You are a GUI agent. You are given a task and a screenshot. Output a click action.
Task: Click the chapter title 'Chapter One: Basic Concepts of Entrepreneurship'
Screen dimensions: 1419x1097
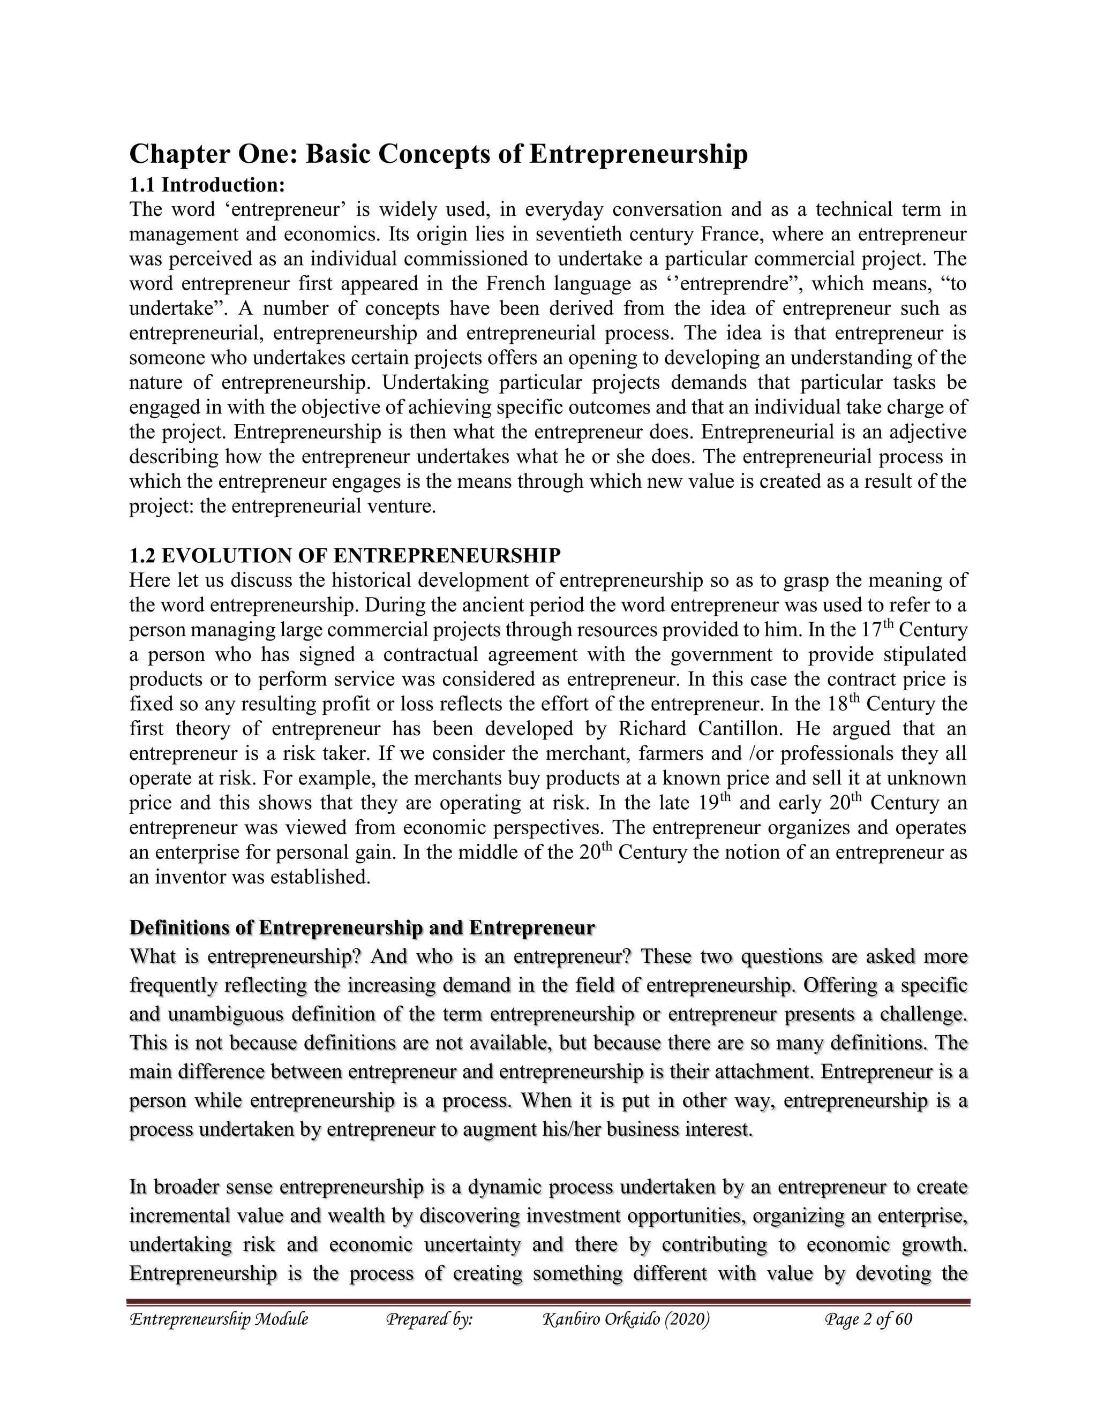pos(438,155)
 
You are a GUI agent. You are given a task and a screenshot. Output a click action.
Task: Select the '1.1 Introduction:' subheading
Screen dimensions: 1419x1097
pos(207,185)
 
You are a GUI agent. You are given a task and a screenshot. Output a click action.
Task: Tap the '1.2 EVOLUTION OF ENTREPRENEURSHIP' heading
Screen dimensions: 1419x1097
pos(344,555)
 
